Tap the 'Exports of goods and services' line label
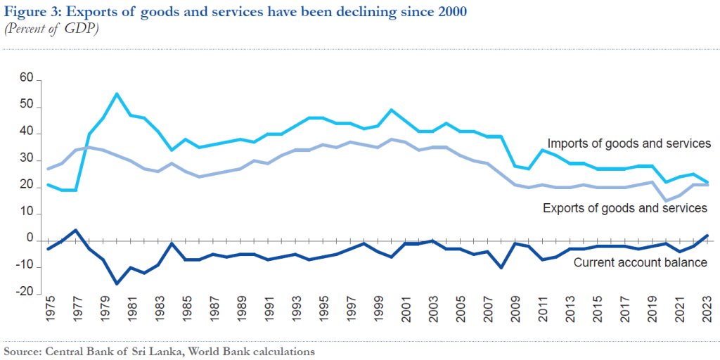[x=625, y=208]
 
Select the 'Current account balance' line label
[x=641, y=263]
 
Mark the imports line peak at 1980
[x=116, y=94]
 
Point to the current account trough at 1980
[x=116, y=283]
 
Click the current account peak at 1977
[x=76, y=230]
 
